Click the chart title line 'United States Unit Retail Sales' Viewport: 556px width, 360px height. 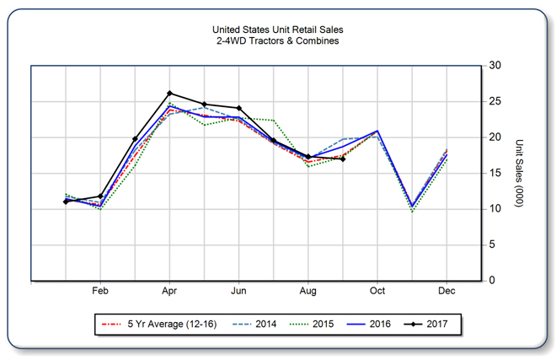coord(277,30)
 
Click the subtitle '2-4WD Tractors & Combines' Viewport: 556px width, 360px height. coord(277,41)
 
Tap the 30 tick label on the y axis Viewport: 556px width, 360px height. coord(495,66)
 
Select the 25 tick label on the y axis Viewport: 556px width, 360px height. coord(495,101)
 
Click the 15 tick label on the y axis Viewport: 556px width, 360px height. coord(495,173)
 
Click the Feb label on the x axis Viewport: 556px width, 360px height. coord(100,291)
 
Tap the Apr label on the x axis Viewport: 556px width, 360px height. coord(169,291)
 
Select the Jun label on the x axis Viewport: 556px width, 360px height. coord(239,291)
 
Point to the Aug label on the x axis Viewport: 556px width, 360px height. coord(308,291)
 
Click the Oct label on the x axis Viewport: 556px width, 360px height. coord(377,291)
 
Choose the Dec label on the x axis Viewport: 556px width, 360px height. coord(446,291)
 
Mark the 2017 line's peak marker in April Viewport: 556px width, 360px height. coord(169,93)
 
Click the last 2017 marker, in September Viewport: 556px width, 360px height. coord(343,159)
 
